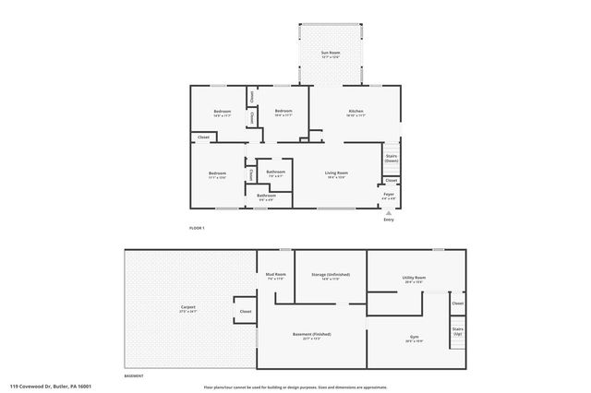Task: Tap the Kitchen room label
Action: [x=356, y=113]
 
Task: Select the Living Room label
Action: [x=335, y=173]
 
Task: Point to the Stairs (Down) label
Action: [x=391, y=159]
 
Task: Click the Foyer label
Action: [x=389, y=195]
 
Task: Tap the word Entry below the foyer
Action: [x=389, y=220]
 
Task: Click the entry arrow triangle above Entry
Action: [x=389, y=212]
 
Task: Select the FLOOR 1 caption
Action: [x=196, y=227]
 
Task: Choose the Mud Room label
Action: [x=275, y=275]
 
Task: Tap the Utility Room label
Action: [x=413, y=278]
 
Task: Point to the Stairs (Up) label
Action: [x=457, y=331]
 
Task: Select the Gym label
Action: [x=414, y=339]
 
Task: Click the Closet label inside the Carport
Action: [x=246, y=312]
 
